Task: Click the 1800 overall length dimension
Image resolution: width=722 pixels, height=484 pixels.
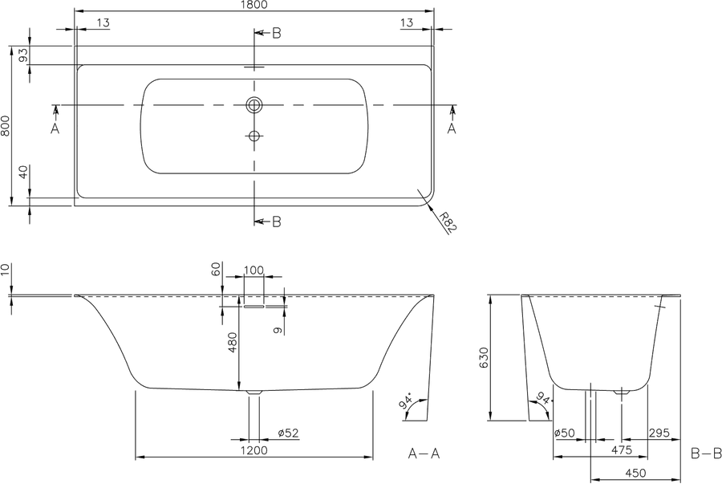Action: [x=254, y=5]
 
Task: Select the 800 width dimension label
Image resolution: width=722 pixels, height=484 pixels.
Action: [x=6, y=126]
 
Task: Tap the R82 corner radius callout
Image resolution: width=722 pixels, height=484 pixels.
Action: [x=447, y=222]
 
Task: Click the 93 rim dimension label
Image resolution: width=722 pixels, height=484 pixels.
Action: [x=23, y=55]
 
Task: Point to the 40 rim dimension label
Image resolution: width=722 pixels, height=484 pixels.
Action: [x=23, y=173]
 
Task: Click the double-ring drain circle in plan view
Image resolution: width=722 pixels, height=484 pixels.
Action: [x=254, y=105]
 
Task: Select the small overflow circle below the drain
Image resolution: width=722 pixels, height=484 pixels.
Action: [x=254, y=136]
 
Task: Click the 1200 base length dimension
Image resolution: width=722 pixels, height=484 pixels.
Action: [x=254, y=450]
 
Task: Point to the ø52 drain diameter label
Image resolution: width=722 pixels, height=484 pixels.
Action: [x=288, y=433]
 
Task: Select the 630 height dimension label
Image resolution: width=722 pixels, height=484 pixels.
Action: [x=483, y=357]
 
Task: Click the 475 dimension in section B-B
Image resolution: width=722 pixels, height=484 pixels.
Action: [x=622, y=449]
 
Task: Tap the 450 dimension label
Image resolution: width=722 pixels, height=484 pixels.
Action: [x=636, y=473]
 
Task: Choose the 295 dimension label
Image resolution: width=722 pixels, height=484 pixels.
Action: [x=659, y=433]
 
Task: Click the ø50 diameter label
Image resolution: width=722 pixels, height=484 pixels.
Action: [x=565, y=433]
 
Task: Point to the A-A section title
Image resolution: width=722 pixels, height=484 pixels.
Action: [x=424, y=454]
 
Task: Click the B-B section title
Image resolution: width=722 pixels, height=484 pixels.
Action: [x=706, y=454]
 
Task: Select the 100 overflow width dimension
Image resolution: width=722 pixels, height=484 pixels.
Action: [x=254, y=270]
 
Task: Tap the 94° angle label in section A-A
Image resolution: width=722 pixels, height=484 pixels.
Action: [x=407, y=401]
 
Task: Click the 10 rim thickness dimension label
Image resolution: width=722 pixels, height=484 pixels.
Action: [x=5, y=270]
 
